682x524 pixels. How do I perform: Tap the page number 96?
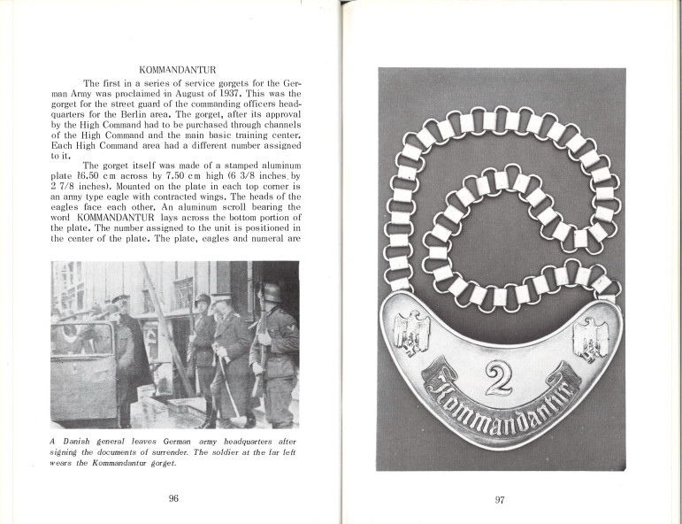173,498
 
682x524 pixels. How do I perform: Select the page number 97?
500,500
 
